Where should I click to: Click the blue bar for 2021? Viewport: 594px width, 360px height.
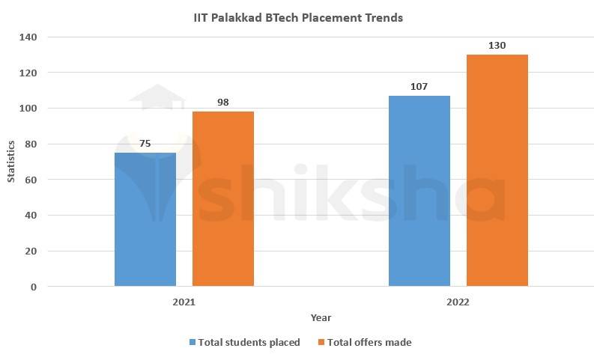(145, 219)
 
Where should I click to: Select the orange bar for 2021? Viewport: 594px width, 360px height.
(223, 198)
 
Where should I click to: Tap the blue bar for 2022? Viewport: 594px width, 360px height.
(419, 191)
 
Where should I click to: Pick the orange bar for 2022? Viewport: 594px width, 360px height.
(497, 171)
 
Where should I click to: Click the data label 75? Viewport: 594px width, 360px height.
(145, 142)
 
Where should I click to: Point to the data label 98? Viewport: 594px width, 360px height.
(223, 102)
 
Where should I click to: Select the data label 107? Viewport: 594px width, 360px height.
(419, 86)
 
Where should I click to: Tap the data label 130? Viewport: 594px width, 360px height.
(497, 46)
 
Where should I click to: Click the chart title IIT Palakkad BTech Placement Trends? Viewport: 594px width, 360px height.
(298, 17)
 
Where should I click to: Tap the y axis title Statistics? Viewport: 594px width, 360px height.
(12, 162)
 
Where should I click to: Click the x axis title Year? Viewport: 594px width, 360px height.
(321, 318)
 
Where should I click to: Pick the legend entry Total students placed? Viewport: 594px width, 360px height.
(249, 342)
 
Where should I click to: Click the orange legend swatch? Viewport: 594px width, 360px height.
(321, 342)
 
